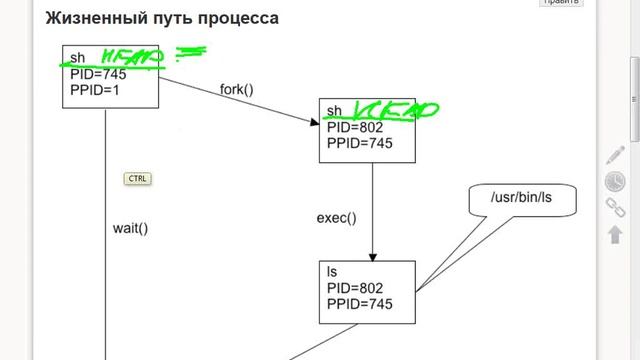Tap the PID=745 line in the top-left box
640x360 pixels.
pos(98,72)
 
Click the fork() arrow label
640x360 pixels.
pos(236,89)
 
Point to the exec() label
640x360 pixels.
pos(336,217)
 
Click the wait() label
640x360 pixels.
pos(130,227)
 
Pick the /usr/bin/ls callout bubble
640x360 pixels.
pos(521,197)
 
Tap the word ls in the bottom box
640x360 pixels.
pos(332,271)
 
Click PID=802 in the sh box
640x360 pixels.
pos(355,127)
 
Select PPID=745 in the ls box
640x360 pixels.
pos(359,303)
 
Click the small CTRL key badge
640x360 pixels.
pos(137,179)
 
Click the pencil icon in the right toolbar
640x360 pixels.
pos(616,155)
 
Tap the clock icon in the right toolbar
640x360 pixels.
pos(616,181)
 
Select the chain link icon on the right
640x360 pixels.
pos(616,207)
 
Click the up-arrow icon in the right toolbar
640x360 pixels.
pos(616,234)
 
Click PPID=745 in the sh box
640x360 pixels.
pos(359,143)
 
